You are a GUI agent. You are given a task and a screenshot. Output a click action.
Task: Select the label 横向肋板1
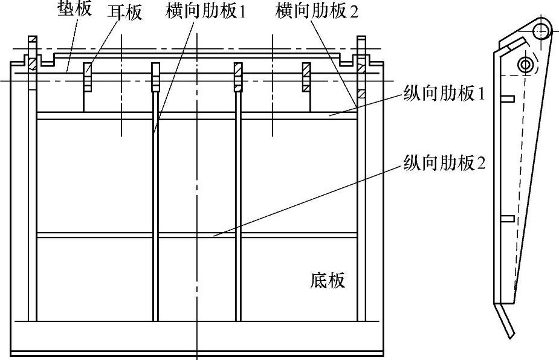(205, 11)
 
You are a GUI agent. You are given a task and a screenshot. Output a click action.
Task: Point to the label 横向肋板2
(316, 11)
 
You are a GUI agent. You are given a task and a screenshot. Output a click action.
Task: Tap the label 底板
(328, 280)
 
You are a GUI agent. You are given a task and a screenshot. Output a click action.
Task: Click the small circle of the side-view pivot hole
(526, 63)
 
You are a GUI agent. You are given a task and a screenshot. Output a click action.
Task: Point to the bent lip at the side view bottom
(508, 323)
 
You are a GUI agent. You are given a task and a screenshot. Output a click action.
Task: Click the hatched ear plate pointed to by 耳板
(88, 77)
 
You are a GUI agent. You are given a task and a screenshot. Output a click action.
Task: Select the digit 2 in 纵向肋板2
(481, 163)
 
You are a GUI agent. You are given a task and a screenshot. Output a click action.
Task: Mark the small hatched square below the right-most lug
(361, 94)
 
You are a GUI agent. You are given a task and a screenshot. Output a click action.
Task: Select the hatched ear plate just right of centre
(238, 76)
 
